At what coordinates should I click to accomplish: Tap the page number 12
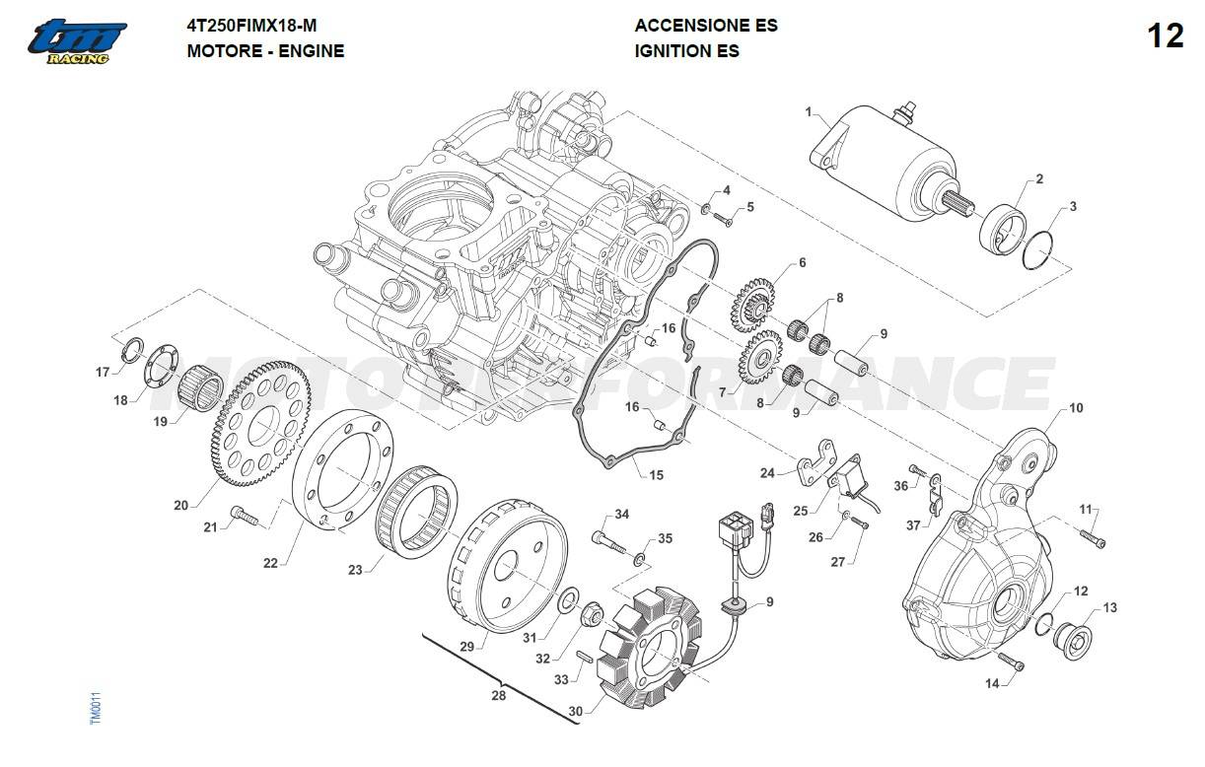click(1165, 36)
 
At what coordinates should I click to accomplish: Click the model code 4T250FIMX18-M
click(252, 26)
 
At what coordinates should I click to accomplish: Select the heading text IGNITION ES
click(687, 50)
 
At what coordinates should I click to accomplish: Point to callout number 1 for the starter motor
click(809, 112)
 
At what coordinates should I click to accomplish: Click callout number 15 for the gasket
click(656, 475)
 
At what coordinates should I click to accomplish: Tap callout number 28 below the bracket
click(499, 696)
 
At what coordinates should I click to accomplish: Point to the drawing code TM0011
click(96, 708)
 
